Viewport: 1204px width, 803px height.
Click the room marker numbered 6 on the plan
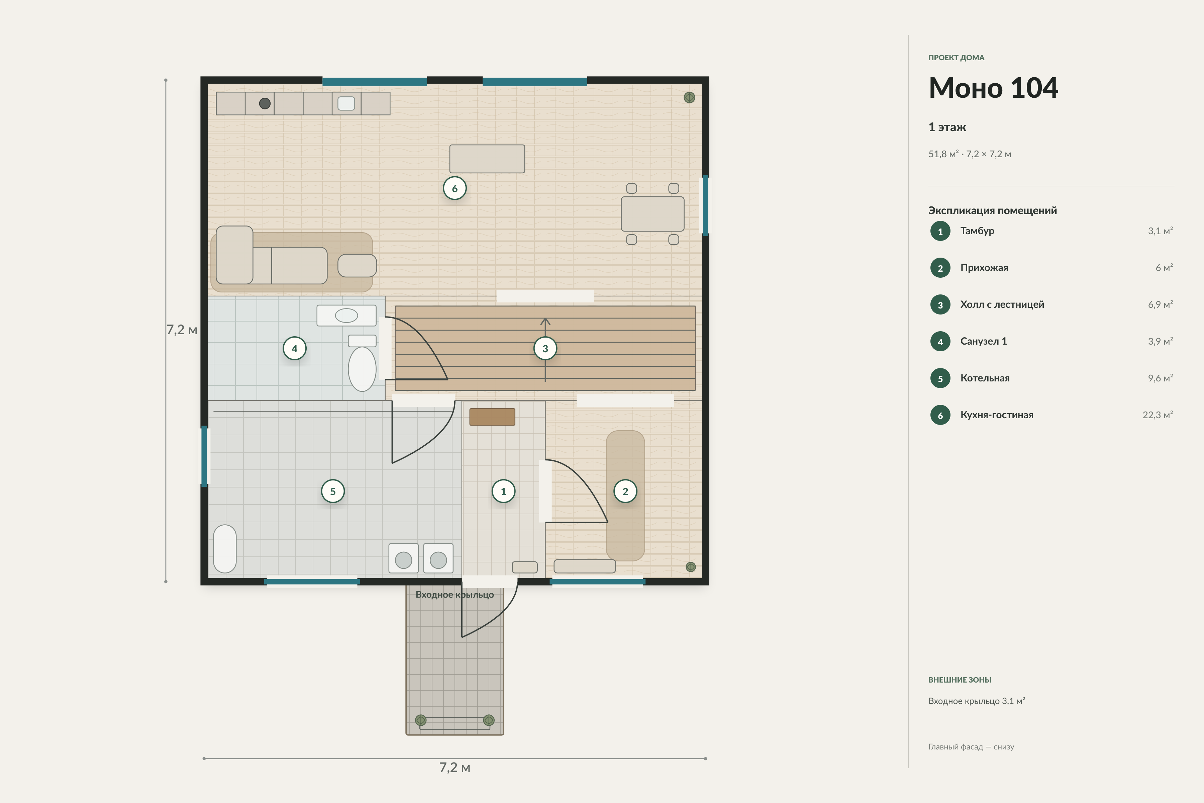click(x=455, y=188)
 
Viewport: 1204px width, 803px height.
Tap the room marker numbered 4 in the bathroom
click(x=294, y=348)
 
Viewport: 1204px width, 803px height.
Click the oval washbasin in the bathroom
click(x=346, y=316)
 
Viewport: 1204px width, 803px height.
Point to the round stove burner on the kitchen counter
click(x=265, y=103)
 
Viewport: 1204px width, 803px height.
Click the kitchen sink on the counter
click(x=346, y=103)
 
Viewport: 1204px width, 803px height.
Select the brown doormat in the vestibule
click(x=492, y=417)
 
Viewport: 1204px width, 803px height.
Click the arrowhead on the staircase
click(x=545, y=322)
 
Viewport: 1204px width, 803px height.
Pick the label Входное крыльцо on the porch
click(x=455, y=595)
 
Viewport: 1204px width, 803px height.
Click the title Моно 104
click(x=993, y=88)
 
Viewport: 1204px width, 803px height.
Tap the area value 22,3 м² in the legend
click(x=1158, y=415)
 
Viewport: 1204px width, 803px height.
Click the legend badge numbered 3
click(x=940, y=305)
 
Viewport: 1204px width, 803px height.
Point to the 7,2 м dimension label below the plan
click(x=455, y=767)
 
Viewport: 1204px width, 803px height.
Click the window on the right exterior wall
click(x=705, y=205)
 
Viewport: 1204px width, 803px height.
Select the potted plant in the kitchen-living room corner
click(x=690, y=97)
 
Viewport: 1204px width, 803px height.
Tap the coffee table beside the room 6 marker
click(x=487, y=159)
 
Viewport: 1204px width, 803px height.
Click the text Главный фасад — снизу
click(x=971, y=747)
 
